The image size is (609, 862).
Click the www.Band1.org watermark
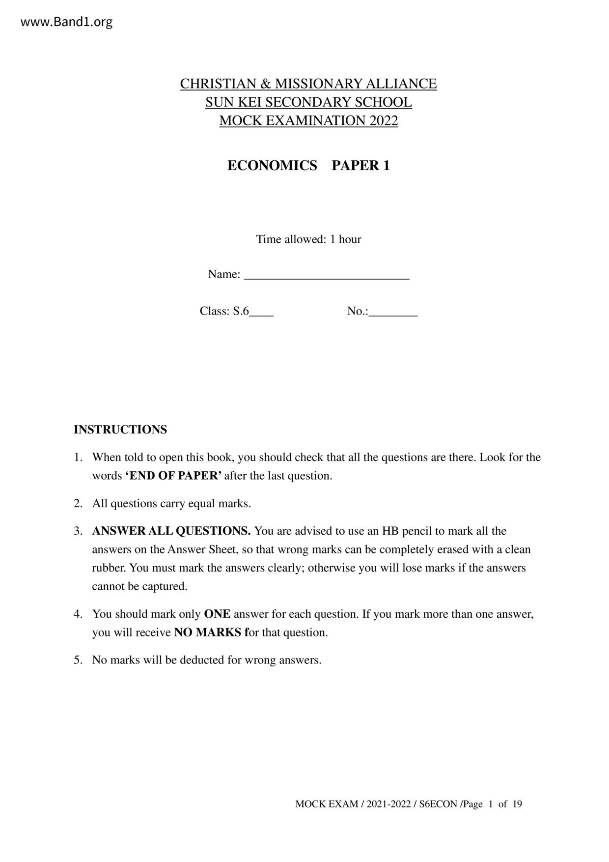tap(67, 22)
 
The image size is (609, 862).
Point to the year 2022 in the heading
tap(384, 121)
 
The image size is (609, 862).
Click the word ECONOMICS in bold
tap(272, 166)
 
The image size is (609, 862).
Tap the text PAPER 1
tap(360, 166)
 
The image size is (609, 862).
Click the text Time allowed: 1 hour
tap(308, 239)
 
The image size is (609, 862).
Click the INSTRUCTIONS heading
tap(120, 430)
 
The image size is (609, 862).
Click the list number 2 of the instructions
tap(78, 504)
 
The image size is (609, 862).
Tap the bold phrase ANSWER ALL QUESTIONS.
tap(171, 531)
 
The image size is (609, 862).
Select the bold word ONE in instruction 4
tap(217, 614)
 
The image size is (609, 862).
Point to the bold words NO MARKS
tap(208, 632)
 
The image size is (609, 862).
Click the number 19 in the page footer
tap(517, 804)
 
